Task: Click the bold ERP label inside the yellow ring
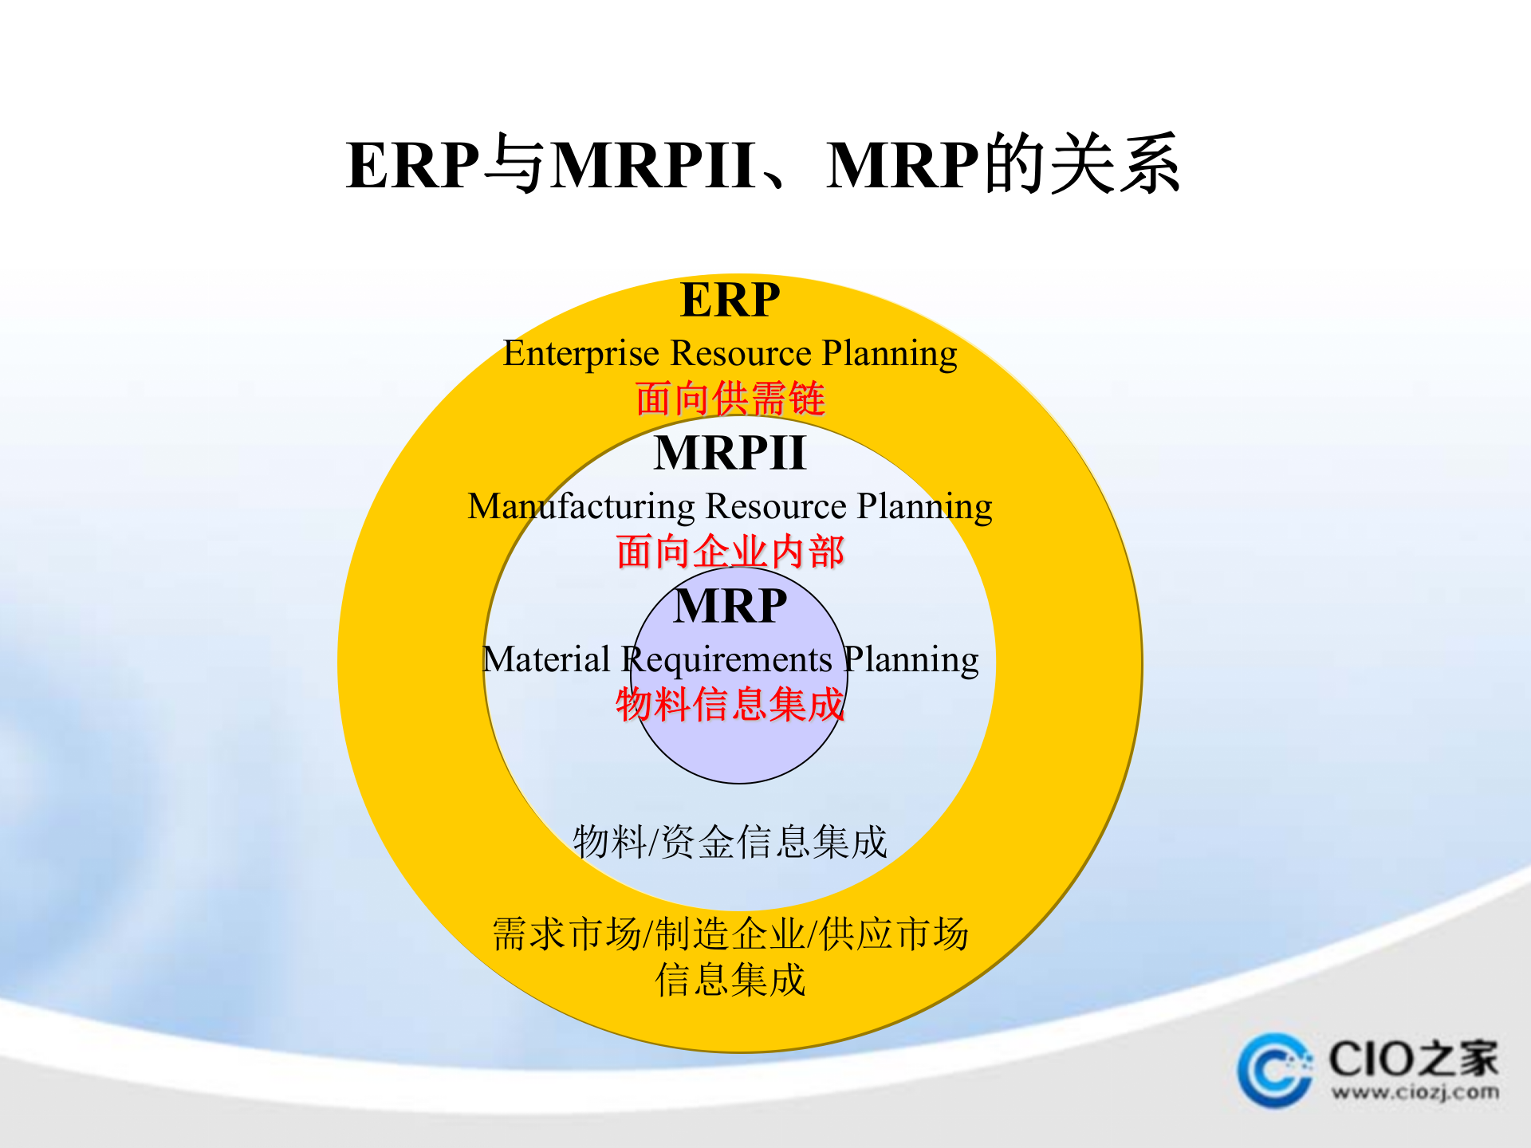(730, 301)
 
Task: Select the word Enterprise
(581, 353)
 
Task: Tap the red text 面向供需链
(730, 399)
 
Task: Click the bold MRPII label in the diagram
(730, 453)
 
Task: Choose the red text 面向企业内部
(730, 552)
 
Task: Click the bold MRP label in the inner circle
(730, 606)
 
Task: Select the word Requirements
(726, 660)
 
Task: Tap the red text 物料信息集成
(730, 705)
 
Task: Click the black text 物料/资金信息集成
(730, 842)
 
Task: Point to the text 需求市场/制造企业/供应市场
(730, 934)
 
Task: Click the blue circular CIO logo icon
(1273, 1070)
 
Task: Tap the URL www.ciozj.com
(1414, 1092)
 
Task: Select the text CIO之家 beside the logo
(1413, 1059)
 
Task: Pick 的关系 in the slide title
(1082, 165)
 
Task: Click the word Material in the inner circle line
(546, 660)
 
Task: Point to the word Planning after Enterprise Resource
(889, 353)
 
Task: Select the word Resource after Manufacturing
(776, 506)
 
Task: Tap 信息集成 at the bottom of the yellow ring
(730, 980)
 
